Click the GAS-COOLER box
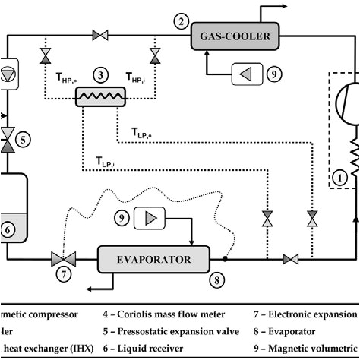click(238, 35)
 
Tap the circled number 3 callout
click(99, 76)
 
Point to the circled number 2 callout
click(181, 21)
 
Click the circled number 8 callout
click(218, 279)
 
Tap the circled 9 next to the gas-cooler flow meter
click(274, 74)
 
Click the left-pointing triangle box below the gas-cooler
click(245, 74)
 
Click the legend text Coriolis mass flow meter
click(162, 314)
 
